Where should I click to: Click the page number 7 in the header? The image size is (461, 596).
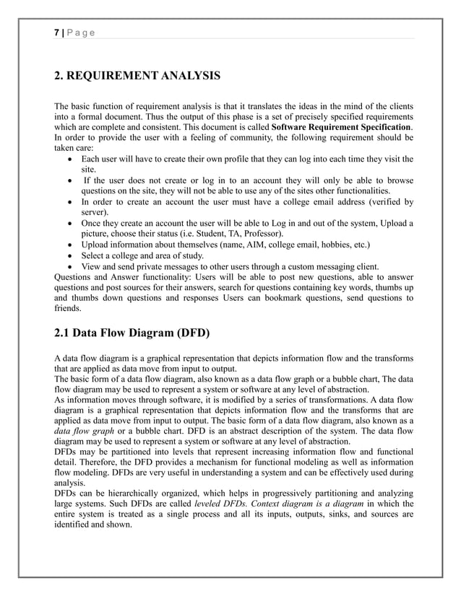click(x=56, y=33)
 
